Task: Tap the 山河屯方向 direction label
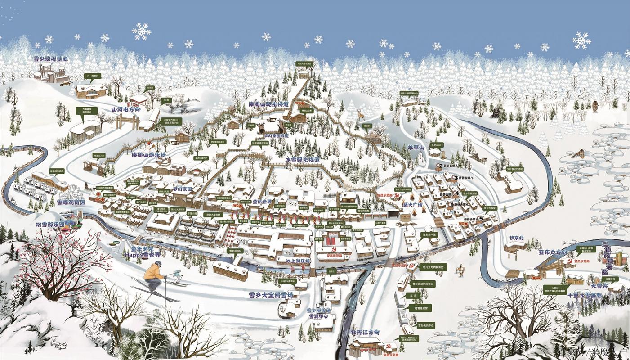point(126,109)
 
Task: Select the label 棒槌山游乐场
point(149,155)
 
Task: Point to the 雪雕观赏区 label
point(71,202)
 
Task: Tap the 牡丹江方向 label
point(365,333)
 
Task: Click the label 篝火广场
point(412,205)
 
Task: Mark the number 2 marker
point(441,166)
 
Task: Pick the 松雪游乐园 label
point(51,224)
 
